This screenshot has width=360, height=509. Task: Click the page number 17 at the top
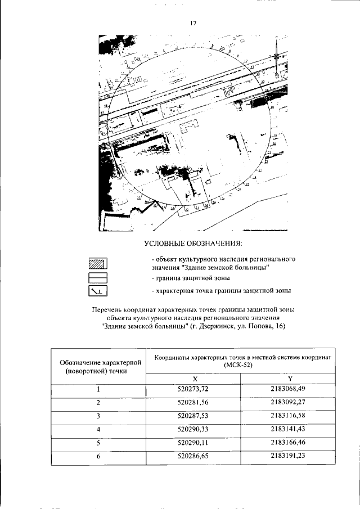[193, 23]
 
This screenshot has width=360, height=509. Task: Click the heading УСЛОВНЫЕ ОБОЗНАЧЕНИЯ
[193, 243]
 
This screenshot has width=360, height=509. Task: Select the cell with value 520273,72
[193, 389]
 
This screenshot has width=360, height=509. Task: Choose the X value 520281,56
[193, 403]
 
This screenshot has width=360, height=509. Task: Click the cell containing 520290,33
[193, 430]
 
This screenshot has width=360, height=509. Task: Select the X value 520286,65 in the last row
[193, 457]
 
